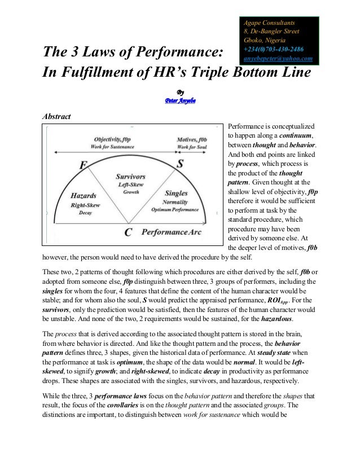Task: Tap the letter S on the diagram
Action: click(179, 164)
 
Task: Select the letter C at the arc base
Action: click(128, 232)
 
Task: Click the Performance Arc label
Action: click(171, 232)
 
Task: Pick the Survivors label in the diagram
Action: click(130, 176)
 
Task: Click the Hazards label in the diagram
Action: click(83, 195)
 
